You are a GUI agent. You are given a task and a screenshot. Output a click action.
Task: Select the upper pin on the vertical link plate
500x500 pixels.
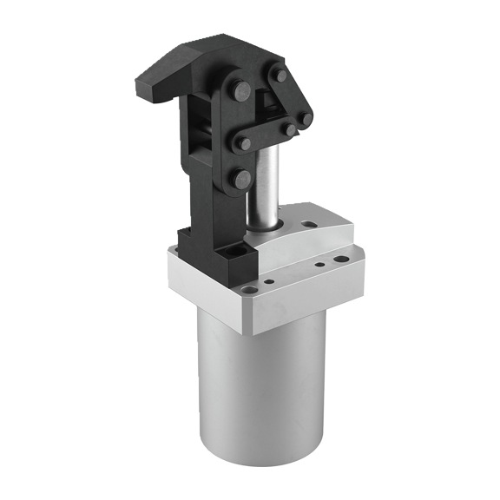coord(241,89)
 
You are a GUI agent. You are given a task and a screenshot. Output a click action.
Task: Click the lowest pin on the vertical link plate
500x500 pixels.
coord(242,179)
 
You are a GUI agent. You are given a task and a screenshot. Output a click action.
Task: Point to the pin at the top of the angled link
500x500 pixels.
coord(280,76)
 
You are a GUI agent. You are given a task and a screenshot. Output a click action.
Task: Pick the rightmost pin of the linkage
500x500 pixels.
coord(306,118)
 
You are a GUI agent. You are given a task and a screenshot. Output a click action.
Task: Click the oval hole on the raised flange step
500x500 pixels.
coord(308,223)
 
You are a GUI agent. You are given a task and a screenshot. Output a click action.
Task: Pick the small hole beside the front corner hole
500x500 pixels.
coord(268,281)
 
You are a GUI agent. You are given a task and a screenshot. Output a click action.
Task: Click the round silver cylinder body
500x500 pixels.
coord(260,391)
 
